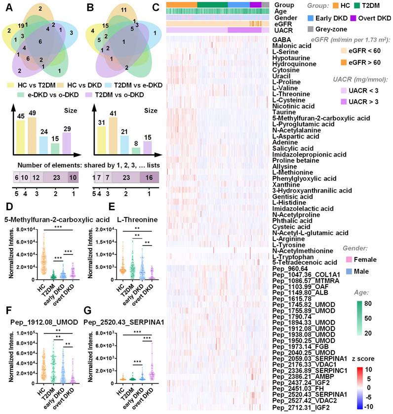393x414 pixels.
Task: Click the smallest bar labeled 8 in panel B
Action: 135,150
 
